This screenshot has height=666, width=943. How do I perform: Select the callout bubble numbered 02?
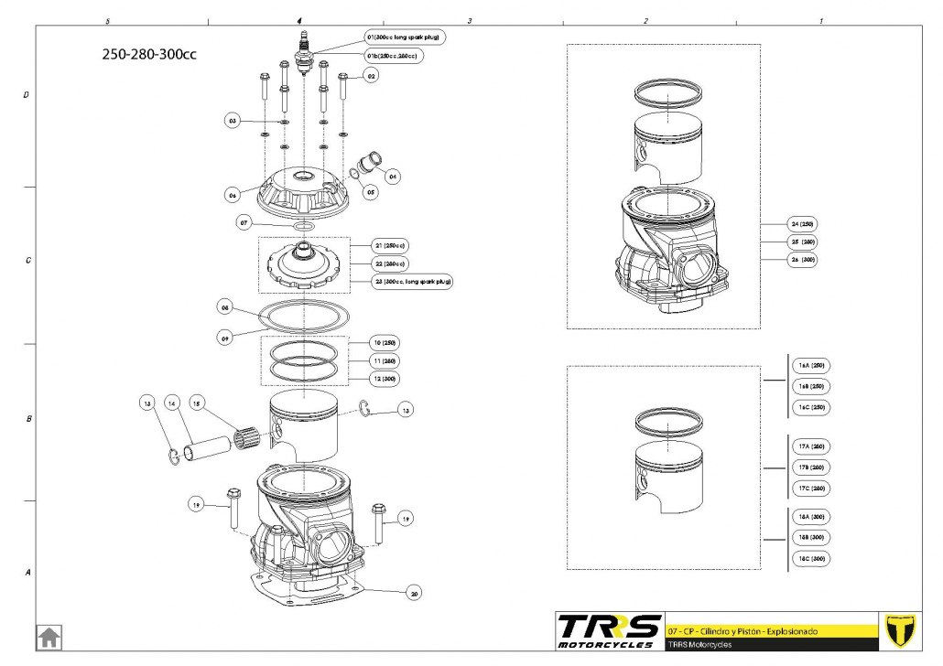tap(372, 77)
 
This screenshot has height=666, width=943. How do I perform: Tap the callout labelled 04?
tap(393, 175)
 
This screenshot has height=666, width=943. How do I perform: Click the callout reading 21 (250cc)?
tap(390, 246)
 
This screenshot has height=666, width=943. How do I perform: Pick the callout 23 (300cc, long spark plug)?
tap(414, 281)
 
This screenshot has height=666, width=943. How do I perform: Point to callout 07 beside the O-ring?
tap(244, 222)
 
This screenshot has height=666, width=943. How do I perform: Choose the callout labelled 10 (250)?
tap(386, 342)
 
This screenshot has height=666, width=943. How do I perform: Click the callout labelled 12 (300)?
tap(386, 378)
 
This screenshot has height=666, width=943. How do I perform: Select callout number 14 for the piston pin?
tap(170, 403)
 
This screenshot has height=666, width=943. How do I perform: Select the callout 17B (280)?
tap(811, 467)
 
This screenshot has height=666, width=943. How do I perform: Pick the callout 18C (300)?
tap(811, 558)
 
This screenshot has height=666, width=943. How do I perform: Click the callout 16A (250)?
tap(811, 365)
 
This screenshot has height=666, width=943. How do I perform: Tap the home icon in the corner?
tap(49, 636)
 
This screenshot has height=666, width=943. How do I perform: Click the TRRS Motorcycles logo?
tap(610, 630)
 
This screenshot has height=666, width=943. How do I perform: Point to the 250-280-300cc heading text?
tap(149, 53)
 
